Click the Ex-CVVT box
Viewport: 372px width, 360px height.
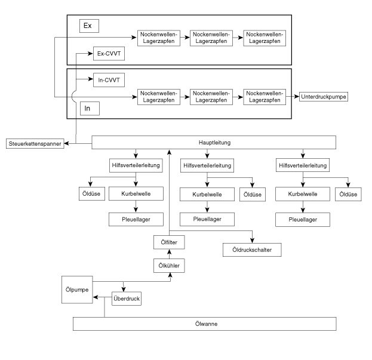point(109,54)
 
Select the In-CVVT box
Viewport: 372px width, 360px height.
point(109,80)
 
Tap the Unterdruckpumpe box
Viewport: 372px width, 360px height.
point(324,97)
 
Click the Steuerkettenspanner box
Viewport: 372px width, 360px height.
point(35,144)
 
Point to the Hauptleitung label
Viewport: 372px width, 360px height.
point(214,143)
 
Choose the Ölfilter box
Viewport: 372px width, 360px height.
point(169,242)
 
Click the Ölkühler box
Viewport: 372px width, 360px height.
point(169,266)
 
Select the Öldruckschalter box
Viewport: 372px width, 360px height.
point(252,250)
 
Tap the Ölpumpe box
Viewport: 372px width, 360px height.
point(77,290)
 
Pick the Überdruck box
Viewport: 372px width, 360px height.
point(127,299)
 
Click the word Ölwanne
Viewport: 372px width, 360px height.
point(206,324)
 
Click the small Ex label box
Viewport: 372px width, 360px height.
point(89,26)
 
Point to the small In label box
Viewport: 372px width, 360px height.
point(90,109)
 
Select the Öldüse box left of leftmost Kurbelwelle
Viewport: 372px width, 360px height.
point(92,194)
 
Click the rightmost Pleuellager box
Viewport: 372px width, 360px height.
point(303,220)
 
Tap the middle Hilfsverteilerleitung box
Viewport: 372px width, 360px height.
point(207,165)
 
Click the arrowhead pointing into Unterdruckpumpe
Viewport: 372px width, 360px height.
point(297,97)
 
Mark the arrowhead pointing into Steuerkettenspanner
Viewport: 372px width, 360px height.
point(67,143)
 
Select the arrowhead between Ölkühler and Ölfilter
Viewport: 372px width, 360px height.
point(169,251)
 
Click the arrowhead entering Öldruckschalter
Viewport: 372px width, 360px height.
point(252,241)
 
